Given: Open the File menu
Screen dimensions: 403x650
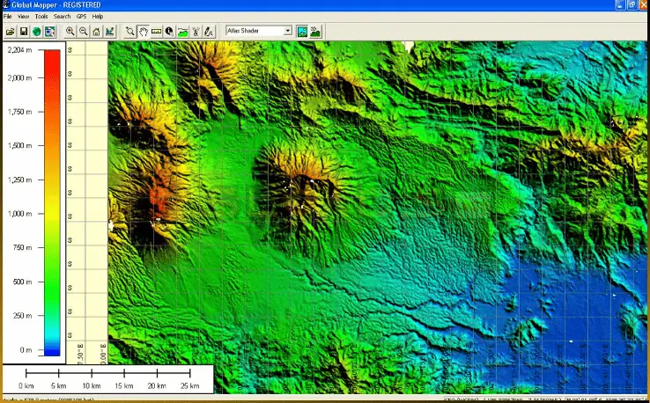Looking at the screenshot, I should (x=8, y=17).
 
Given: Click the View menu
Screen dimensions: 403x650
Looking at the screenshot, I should (x=23, y=17).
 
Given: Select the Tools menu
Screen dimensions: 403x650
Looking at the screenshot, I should (x=41, y=17).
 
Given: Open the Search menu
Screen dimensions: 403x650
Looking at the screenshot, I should (x=62, y=17).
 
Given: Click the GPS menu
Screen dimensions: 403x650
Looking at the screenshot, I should (x=81, y=17).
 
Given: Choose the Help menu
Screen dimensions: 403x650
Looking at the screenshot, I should (x=98, y=17).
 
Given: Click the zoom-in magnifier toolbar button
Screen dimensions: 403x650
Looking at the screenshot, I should (x=70, y=31).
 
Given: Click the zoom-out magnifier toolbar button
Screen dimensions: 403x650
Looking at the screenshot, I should (x=83, y=31).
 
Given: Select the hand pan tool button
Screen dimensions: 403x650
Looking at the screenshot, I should (x=143, y=31).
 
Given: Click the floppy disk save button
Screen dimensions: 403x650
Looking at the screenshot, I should (x=24, y=31).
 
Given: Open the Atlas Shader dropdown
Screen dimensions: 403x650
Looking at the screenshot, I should (x=258, y=31).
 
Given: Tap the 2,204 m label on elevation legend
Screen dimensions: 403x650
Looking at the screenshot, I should (x=19, y=51).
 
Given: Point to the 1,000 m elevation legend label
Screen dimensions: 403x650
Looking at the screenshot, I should (x=19, y=214).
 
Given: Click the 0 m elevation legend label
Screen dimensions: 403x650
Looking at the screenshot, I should (x=26, y=350).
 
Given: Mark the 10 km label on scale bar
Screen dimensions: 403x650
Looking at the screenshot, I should (x=92, y=386).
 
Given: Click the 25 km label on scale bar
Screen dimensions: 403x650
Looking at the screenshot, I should (x=189, y=386).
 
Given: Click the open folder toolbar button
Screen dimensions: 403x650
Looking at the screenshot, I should (x=10, y=31).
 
